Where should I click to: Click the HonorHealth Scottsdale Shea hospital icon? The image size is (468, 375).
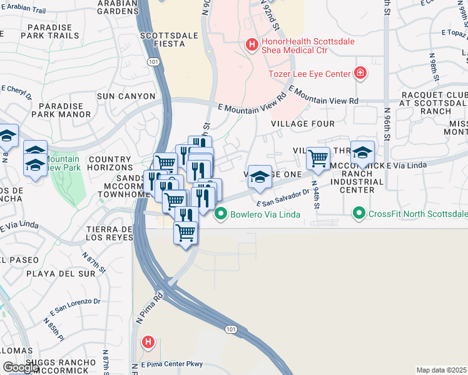(x=252, y=44)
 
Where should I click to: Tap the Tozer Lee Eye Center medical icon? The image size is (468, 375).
(x=360, y=74)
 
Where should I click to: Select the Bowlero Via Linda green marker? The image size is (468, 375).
(x=220, y=214)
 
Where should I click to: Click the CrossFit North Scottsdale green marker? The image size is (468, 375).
(x=359, y=214)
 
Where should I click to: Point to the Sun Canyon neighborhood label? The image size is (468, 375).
(x=126, y=96)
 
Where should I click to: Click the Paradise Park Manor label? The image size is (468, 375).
(x=64, y=111)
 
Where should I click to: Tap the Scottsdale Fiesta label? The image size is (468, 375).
(x=163, y=39)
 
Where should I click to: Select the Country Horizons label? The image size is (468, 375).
(x=110, y=164)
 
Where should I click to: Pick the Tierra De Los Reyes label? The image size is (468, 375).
(x=109, y=233)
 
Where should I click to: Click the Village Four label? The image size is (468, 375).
(x=303, y=124)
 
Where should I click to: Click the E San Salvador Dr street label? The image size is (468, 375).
(x=283, y=199)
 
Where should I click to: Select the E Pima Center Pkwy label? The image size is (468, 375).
(x=172, y=363)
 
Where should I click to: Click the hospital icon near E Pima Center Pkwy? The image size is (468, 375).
(x=148, y=342)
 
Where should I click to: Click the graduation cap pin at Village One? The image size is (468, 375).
(x=259, y=177)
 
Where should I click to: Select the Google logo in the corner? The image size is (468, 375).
(x=21, y=367)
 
